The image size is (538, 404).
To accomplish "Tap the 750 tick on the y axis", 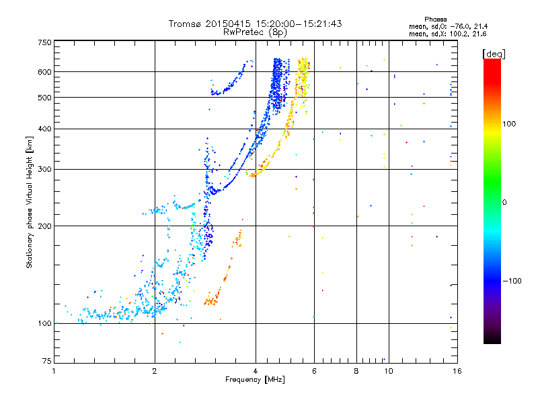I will point(44,42).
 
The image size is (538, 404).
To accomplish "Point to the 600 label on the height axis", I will point(44,72).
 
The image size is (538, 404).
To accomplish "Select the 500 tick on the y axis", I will point(44,98).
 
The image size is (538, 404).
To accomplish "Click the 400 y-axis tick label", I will point(44,129).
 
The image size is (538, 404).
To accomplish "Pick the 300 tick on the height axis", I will point(44,170).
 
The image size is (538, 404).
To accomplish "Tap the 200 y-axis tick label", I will point(44,226).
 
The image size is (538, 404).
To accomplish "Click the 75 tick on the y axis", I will point(46,362).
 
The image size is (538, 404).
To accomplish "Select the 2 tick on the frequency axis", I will point(155,371).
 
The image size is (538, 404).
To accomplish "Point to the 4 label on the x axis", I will point(256,371).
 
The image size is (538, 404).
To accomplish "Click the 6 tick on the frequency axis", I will point(314,371).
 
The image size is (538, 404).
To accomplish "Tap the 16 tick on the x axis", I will point(456,371).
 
